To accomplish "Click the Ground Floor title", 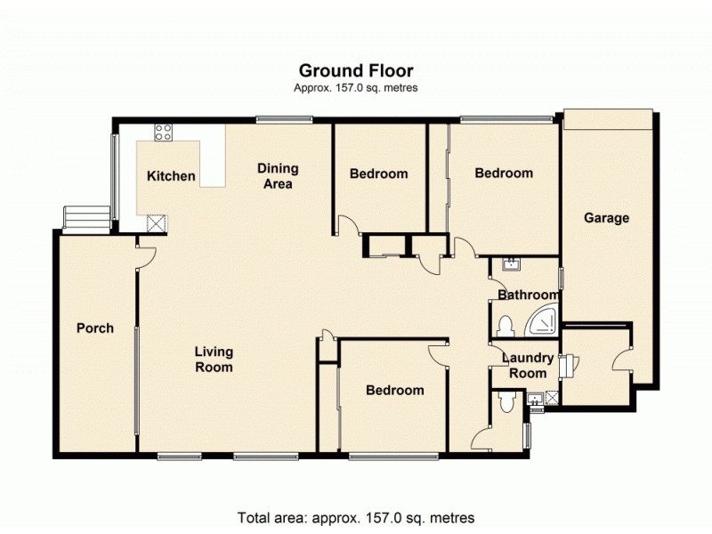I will click(x=356, y=70).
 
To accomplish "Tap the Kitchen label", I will click(x=171, y=176).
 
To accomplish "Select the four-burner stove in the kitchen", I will click(x=164, y=133).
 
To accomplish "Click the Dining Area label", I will click(x=278, y=175).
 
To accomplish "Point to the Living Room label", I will click(x=214, y=359).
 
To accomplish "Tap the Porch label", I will click(x=95, y=328).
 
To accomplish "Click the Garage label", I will click(x=606, y=218).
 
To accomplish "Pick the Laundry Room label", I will click(x=528, y=366).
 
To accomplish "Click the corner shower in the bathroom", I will click(x=544, y=323).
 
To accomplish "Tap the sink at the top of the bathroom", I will click(x=510, y=263).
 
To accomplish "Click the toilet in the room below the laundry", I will click(x=507, y=404).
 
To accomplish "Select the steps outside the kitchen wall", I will click(x=85, y=217).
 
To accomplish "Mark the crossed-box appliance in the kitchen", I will click(x=157, y=222).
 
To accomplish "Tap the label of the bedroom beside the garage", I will click(x=503, y=174).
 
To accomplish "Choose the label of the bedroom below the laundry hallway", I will click(x=395, y=391).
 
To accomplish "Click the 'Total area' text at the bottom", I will click(x=356, y=517).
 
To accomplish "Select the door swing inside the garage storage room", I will click(x=621, y=360).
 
